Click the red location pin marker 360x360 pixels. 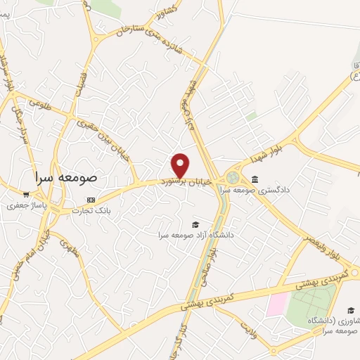point(181,165)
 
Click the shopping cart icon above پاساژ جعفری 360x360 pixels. point(26,195)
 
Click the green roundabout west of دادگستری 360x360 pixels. point(233,176)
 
